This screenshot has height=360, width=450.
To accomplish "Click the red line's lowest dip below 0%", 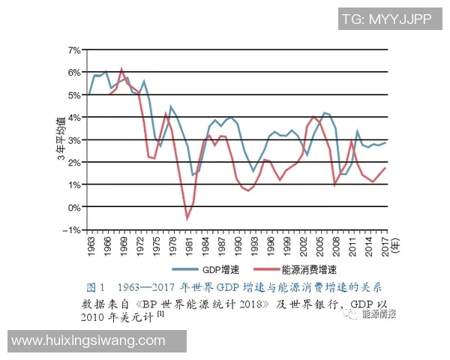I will pyautogui.click(x=187, y=218).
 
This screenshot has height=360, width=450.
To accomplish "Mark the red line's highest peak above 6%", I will pyautogui.click(x=121, y=69).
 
